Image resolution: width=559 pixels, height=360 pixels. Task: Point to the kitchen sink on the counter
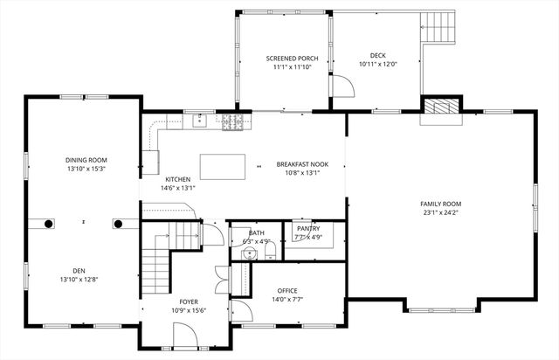coord(200,121)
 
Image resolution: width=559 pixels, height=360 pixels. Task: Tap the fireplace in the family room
coord(440,107)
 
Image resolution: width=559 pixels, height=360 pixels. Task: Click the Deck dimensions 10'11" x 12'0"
coord(377,64)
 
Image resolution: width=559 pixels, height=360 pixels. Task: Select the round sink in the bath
coord(249,253)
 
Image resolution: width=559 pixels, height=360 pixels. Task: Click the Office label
coord(287,290)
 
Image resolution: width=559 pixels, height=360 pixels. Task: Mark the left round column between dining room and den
coord(48,224)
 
